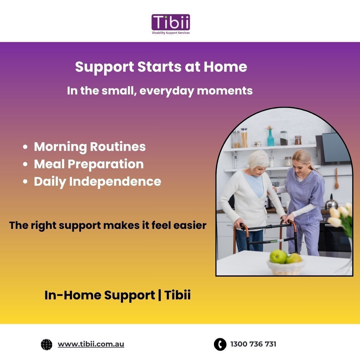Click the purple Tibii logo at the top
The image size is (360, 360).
tap(171, 22)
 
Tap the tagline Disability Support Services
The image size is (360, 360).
tap(171, 33)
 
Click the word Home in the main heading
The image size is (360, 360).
tap(225, 67)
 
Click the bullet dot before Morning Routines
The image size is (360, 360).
tap(25, 147)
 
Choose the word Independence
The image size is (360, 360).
tap(115, 182)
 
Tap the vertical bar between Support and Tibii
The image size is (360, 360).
tap(159, 295)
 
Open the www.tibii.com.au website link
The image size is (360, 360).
tap(91, 344)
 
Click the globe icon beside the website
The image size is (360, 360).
tap(46, 344)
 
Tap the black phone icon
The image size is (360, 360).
tap(220, 344)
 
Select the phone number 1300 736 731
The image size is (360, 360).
tap(253, 344)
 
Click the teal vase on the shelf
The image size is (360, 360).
tap(271, 137)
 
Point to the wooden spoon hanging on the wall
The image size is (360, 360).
tap(337, 178)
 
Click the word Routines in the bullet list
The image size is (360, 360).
tap(118, 147)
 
